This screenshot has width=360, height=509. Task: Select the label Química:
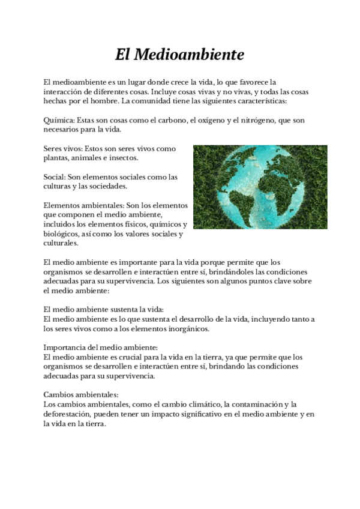pos(60,120)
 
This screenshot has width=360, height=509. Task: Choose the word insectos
pos(123,158)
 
